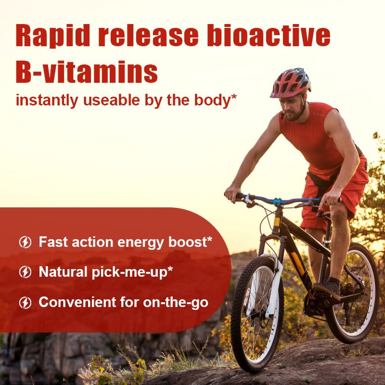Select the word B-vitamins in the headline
[87, 72]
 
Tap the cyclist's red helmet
[290, 83]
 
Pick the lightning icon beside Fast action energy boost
[25, 242]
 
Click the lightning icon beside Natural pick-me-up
[25, 272]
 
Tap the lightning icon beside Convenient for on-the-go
[25, 303]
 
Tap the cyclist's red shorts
[337, 192]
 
